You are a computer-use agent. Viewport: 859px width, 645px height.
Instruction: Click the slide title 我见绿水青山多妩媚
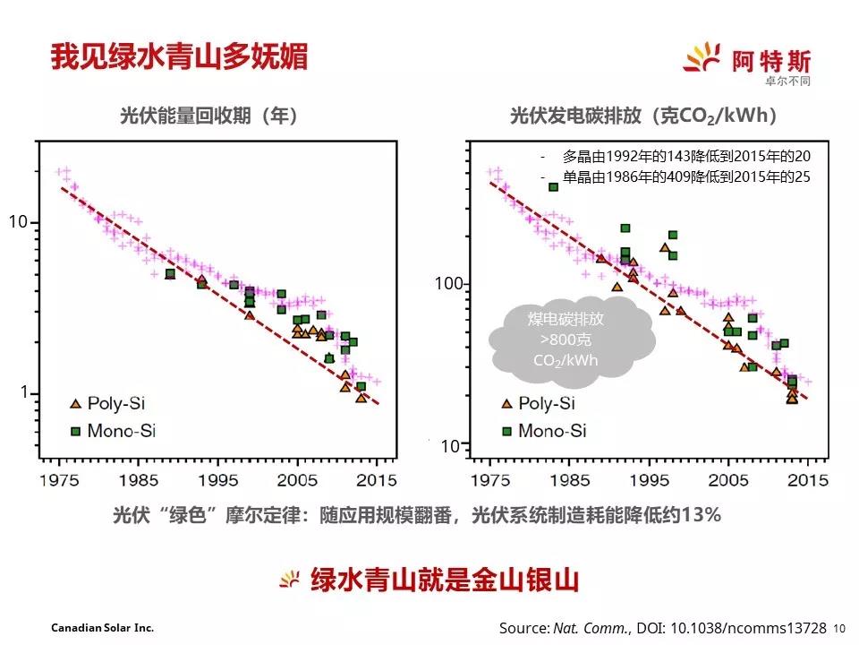tap(179, 56)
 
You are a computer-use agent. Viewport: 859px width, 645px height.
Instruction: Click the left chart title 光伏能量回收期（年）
tap(209, 116)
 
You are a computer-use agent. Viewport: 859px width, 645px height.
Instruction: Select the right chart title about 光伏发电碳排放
tap(643, 116)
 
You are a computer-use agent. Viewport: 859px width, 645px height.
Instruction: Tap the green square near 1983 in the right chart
tap(553, 186)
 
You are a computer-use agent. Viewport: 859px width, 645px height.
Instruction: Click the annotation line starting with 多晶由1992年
tap(685, 155)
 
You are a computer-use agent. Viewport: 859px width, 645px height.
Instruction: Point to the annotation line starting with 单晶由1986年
tap(685, 176)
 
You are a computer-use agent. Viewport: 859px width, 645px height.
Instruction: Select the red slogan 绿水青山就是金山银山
tap(445, 580)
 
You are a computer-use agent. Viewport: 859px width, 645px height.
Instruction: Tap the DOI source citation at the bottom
tap(663, 628)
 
